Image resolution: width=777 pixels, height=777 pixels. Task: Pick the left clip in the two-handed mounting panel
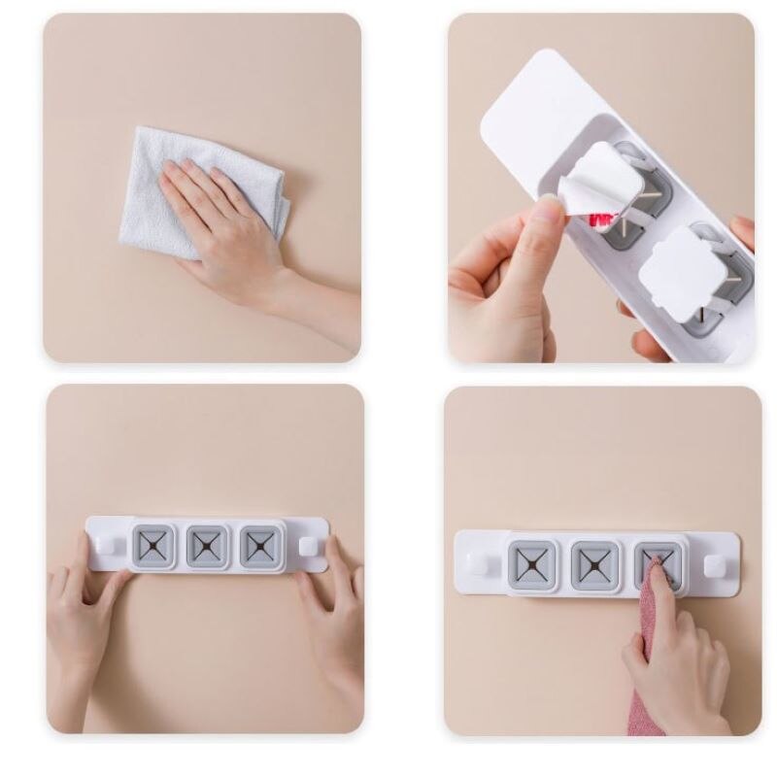click(x=153, y=547)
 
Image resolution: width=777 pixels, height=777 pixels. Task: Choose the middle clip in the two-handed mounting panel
click(x=207, y=547)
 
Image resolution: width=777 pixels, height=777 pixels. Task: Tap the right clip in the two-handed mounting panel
click(x=260, y=547)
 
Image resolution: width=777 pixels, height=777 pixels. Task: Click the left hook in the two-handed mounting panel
click(x=106, y=546)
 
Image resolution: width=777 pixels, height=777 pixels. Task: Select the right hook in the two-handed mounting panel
click(x=308, y=546)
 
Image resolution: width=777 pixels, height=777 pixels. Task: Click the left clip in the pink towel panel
click(x=533, y=564)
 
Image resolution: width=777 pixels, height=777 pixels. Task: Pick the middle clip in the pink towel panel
click(x=594, y=564)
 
